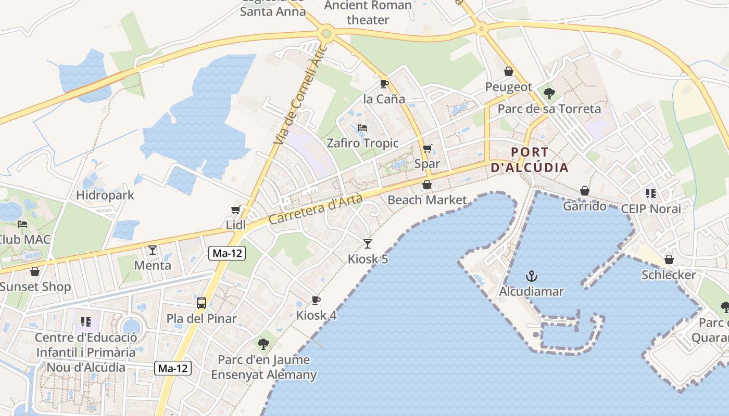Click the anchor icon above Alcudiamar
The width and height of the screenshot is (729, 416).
click(x=531, y=276)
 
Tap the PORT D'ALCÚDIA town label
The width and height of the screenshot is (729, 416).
click(x=530, y=160)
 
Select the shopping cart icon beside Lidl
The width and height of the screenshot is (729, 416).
click(x=235, y=210)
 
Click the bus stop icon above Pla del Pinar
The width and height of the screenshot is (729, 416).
click(x=202, y=303)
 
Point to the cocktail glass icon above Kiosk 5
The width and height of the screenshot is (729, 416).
click(x=368, y=243)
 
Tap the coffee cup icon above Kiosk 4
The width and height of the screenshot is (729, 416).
click(x=316, y=300)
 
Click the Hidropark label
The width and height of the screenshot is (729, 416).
click(x=105, y=196)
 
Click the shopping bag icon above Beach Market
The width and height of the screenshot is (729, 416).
click(x=427, y=185)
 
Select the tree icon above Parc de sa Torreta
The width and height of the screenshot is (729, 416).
click(x=549, y=94)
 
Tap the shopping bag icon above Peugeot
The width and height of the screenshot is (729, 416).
click(x=508, y=71)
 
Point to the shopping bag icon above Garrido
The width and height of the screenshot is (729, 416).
click(x=585, y=191)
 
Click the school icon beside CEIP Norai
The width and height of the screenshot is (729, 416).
click(x=650, y=193)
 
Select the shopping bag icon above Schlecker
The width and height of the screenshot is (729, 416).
click(x=669, y=259)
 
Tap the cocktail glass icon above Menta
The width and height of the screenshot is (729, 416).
click(x=152, y=250)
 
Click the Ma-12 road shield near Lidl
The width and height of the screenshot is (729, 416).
click(x=227, y=253)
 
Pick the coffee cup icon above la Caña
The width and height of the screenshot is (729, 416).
click(x=384, y=83)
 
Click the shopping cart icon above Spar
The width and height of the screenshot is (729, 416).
click(x=428, y=149)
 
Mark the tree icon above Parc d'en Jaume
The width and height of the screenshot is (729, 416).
click(x=263, y=344)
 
